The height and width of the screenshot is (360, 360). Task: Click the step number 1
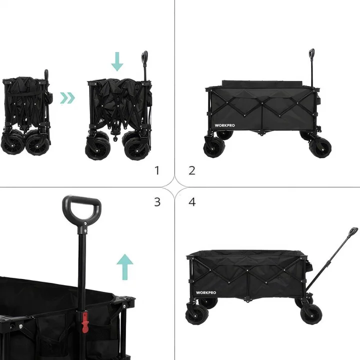(x=157, y=170)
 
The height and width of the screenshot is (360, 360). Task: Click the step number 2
(x=192, y=170)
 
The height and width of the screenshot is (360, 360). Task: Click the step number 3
(x=157, y=202)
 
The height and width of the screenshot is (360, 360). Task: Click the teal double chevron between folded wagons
(x=67, y=97)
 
